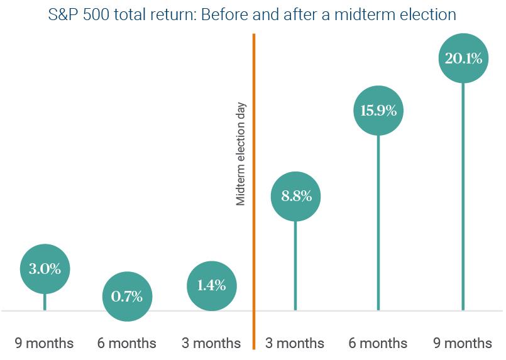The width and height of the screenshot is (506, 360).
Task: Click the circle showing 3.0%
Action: tap(45, 270)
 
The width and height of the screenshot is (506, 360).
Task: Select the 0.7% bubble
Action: tap(126, 295)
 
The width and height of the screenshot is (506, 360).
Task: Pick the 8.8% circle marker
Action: tap(296, 196)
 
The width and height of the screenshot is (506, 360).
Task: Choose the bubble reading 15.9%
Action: tap(378, 111)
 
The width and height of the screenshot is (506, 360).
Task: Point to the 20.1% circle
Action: tap(463, 60)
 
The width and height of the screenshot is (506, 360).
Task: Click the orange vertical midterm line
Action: tap(254, 264)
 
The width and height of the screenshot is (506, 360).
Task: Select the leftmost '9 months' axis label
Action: tap(44, 343)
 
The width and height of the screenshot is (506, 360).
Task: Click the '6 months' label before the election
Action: tap(126, 343)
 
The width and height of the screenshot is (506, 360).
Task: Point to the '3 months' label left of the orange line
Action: tap(211, 343)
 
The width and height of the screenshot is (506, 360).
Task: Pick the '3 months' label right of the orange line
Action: tap(294, 343)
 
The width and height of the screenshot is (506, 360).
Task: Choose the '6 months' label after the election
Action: tap(378, 343)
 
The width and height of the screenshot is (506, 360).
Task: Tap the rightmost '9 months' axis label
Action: tap(463, 343)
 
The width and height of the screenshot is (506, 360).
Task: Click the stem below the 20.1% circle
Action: tap(463, 201)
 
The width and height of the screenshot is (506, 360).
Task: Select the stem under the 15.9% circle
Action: tap(378, 226)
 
